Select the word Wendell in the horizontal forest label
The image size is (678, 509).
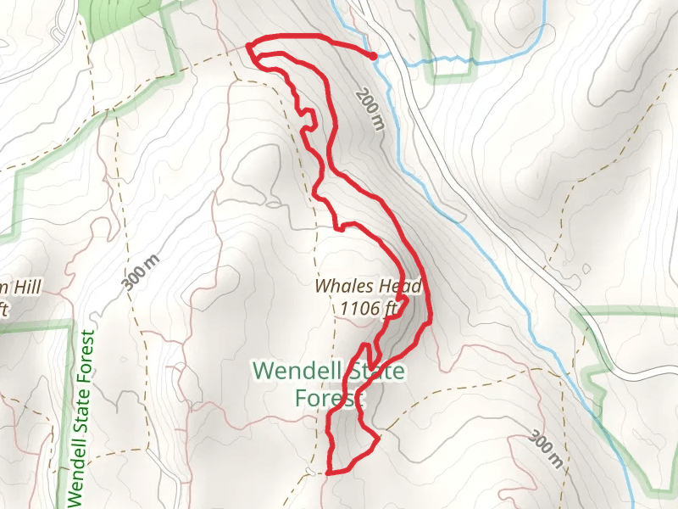[x=294, y=371]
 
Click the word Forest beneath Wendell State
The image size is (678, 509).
[x=329, y=397]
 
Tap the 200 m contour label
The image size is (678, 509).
[x=370, y=110]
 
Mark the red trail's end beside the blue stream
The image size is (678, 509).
[x=374, y=56]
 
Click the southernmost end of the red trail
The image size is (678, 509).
[x=328, y=472]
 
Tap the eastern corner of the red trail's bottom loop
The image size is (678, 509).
[x=377, y=438]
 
